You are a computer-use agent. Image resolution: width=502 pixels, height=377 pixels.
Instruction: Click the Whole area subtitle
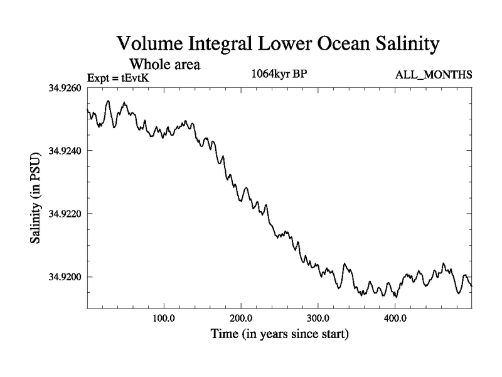click(164, 64)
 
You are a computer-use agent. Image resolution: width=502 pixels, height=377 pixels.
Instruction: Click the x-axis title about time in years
click(279, 334)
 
